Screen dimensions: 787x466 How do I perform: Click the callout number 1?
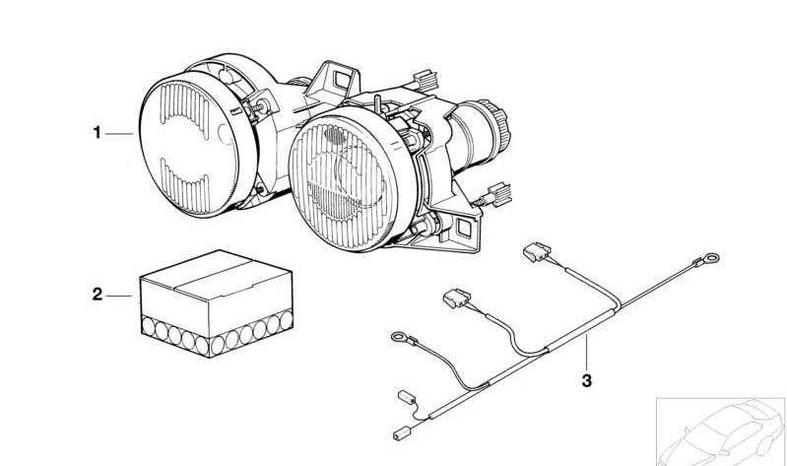97,133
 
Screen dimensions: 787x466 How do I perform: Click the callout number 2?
97,295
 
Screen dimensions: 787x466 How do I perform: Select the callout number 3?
587,380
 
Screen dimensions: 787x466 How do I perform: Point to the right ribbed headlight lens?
352,183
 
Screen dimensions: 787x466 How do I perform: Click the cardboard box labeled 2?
217,302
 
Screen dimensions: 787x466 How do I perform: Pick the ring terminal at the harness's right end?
711,258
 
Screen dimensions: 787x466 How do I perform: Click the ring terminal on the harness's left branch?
400,336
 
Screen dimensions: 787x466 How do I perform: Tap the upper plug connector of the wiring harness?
537,251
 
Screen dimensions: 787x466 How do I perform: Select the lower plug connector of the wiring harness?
457,299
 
